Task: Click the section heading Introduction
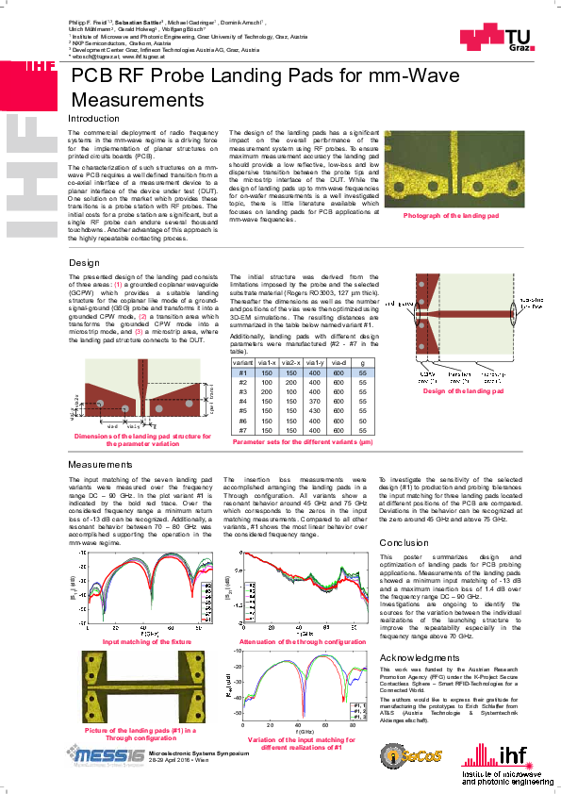point(93,119)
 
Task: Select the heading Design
point(84,262)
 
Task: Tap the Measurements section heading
point(100,466)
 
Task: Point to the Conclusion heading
point(404,543)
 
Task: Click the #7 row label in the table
point(243,431)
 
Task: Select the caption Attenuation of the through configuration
point(303,641)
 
